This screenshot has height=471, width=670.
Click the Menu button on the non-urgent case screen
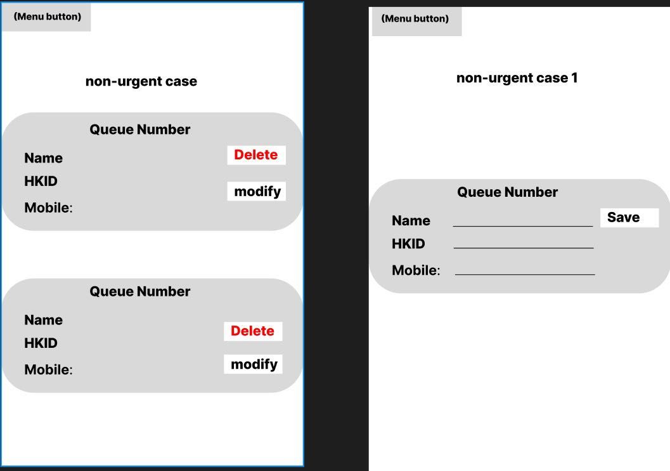coord(46,17)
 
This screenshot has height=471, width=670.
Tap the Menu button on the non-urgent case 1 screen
coord(416,20)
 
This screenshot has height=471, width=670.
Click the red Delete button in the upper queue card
coord(256,155)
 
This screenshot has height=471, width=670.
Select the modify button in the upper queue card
coord(256,191)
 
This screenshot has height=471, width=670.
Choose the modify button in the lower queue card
coord(253,364)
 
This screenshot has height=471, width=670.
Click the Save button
coord(629,218)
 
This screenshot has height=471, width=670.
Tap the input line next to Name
coord(523,226)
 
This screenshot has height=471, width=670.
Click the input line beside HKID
coord(524,248)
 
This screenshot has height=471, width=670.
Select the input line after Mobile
coord(525,274)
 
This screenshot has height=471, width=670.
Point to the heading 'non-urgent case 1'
coord(517,78)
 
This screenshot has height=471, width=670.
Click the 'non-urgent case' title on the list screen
coord(141,81)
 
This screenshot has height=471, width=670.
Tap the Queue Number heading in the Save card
coord(507,192)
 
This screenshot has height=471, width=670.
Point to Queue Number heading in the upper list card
coord(139,129)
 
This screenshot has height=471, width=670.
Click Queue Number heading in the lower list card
coord(139,291)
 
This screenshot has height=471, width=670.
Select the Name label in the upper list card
coord(44,158)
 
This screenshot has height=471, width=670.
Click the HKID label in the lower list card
coord(41,343)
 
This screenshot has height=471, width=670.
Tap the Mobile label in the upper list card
coord(48,208)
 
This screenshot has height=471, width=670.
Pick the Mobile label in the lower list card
coord(48,369)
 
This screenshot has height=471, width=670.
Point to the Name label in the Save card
coord(411,220)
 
